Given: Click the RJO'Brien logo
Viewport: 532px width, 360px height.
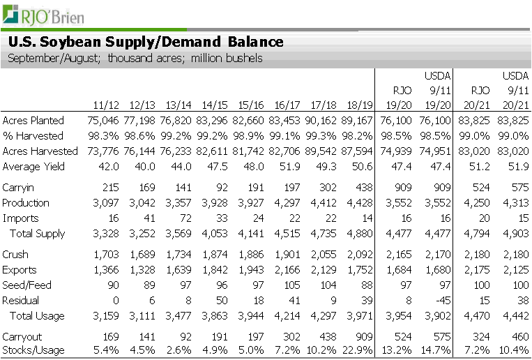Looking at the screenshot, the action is (43, 15).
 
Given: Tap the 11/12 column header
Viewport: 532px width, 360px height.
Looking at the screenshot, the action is (106, 105).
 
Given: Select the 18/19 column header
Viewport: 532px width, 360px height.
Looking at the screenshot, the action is (360, 105).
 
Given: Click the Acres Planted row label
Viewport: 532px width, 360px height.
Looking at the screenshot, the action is (33, 121).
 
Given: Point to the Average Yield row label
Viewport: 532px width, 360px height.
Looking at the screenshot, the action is (33, 167).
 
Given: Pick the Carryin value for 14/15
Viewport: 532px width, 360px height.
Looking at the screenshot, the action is (220, 188).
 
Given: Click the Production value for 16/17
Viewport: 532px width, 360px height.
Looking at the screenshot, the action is (287, 203).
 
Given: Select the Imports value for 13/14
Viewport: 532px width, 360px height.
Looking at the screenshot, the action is (185, 218).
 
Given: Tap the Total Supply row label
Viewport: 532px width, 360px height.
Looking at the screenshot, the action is (38, 234).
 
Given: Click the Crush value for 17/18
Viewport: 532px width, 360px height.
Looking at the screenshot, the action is (324, 255).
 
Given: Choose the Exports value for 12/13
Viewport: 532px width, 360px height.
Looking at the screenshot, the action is (142, 270).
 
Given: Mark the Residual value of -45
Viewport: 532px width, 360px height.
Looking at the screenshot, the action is (443, 301).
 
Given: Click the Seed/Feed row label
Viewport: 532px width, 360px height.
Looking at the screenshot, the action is (26, 285).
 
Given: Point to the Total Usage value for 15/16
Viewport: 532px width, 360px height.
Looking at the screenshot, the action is (251, 316).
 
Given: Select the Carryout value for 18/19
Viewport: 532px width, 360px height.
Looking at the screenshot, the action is (364, 336).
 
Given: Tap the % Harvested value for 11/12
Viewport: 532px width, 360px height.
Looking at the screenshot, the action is (103, 136).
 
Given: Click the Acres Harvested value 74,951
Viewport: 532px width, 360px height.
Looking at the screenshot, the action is (434, 151).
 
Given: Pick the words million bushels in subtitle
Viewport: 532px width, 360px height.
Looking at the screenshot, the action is (227, 58).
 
